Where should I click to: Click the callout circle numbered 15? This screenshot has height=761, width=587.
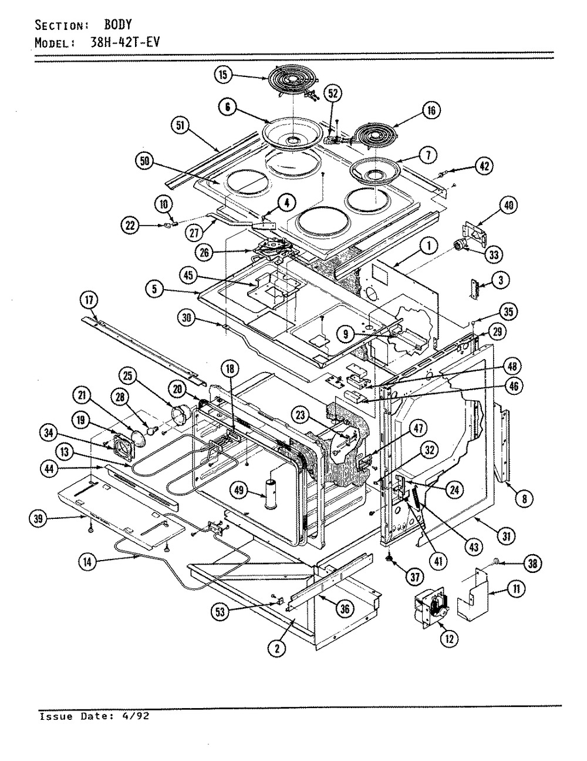[x=223, y=75]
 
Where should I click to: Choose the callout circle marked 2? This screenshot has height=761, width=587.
[x=277, y=649]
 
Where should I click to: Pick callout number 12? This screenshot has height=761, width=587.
[x=449, y=638]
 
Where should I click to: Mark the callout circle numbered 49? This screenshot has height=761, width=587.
[x=238, y=490]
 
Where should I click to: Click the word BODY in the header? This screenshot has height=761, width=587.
[x=118, y=25]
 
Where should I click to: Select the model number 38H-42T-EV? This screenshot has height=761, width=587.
[x=125, y=43]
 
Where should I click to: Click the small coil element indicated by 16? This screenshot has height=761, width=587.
[x=375, y=135]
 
